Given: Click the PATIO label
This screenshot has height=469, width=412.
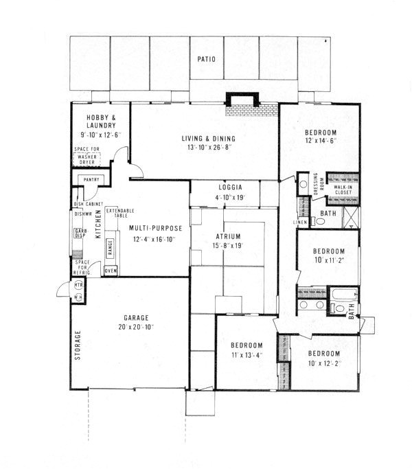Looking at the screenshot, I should point(206,60).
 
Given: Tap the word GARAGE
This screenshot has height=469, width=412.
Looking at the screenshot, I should point(138,318).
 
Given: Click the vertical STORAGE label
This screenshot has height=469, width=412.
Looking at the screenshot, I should point(78,345).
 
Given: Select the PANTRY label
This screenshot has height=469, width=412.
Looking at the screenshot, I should point(91,180).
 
